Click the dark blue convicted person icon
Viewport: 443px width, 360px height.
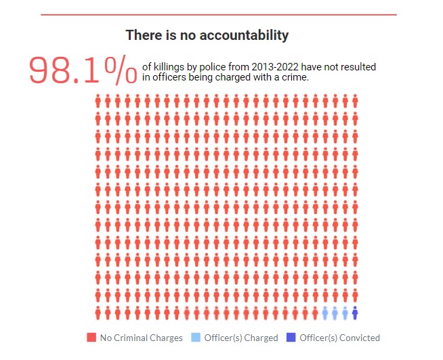pyautogui.click(x=355, y=313)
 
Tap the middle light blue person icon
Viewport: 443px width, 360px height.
pyautogui.click(x=335, y=313)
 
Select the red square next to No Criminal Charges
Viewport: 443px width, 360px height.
pyautogui.click(x=91, y=338)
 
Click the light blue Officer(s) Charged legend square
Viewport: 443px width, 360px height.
pyautogui.click(x=196, y=338)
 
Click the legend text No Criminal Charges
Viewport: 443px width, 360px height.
pyautogui.click(x=141, y=338)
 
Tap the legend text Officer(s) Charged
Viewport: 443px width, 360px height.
pyautogui.click(x=242, y=338)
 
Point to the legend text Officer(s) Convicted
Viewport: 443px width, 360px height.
pyautogui.click(x=339, y=338)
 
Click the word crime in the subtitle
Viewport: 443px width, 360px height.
pyautogui.click(x=294, y=77)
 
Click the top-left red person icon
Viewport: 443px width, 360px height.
pyautogui.click(x=99, y=102)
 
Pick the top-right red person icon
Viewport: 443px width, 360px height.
pyautogui.click(x=355, y=102)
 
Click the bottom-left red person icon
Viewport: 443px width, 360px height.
pyautogui.click(x=99, y=313)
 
